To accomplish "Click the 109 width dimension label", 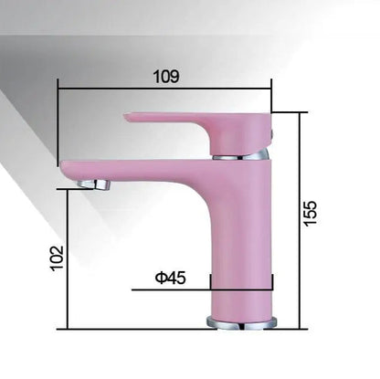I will tap(166, 77).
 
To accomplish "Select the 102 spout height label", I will tap(57, 258).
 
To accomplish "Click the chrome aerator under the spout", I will tap(94, 184).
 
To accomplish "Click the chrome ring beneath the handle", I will tap(242, 156).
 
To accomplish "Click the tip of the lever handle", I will tap(129, 116).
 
